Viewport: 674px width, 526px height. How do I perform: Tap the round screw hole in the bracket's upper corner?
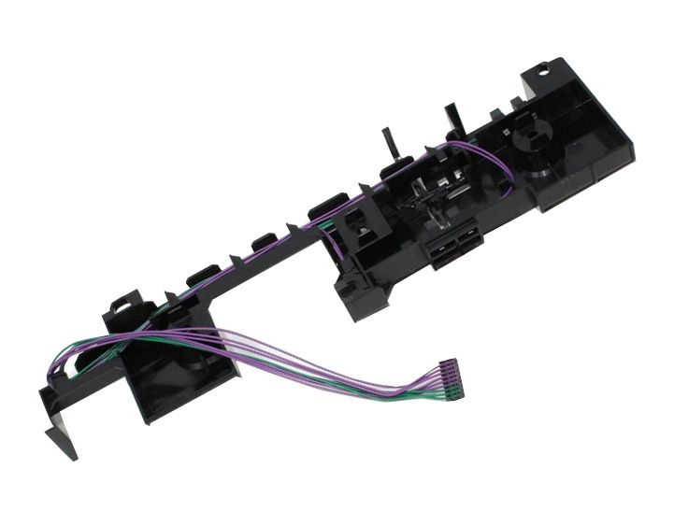(x=543, y=68)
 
